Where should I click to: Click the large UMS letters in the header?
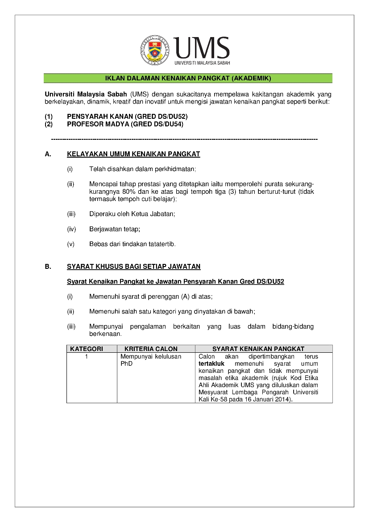[x=202, y=47]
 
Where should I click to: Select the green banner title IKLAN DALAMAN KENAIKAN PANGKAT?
[x=188, y=79]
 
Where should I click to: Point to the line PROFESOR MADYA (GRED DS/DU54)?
[x=125, y=124]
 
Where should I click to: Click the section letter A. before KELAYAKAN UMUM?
[x=48, y=155]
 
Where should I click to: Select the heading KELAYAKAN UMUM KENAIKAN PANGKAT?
[x=133, y=155]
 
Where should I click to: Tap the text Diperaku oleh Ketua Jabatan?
[x=132, y=214]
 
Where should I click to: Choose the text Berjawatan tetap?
[x=115, y=229]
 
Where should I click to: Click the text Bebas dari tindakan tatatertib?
[x=133, y=244]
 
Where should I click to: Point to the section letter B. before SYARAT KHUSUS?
[x=48, y=267]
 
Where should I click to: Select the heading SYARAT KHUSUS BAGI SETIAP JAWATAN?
[x=133, y=267]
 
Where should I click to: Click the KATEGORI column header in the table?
[x=87, y=349]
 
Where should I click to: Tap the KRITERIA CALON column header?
[x=151, y=349]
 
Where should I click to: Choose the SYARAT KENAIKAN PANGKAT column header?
[x=258, y=349]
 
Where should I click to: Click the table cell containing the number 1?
[x=87, y=357]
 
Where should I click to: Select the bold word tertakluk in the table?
[x=211, y=364]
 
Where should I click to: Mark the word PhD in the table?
[x=127, y=364]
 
